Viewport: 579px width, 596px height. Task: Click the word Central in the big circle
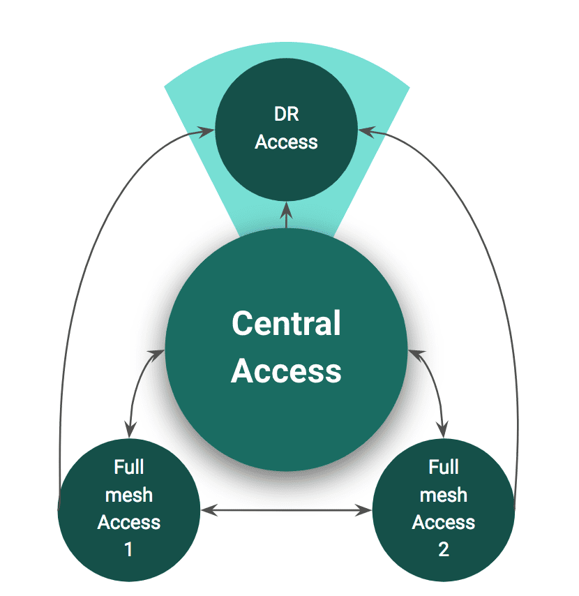[286, 324]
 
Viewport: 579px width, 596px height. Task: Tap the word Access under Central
[286, 371]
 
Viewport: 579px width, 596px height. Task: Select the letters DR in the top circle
[286, 114]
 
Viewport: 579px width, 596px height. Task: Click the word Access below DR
[286, 142]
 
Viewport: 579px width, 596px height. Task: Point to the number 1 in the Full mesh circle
[128, 549]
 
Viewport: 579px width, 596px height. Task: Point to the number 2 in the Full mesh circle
[444, 549]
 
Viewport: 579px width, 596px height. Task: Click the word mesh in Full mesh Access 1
[128, 495]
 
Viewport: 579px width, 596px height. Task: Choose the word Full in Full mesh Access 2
[444, 467]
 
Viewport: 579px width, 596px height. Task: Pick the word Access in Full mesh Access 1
[128, 522]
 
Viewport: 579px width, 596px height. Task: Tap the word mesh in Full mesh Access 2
[444, 495]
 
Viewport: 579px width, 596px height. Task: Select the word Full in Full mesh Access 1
[128, 467]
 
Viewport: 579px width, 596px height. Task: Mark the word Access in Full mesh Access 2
[444, 522]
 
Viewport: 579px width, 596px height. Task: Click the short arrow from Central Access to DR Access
[287, 216]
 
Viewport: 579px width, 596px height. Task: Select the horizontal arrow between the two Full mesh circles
[286, 512]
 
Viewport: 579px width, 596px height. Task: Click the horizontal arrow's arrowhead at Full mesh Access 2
[366, 512]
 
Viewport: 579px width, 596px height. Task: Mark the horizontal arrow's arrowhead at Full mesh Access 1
[207, 512]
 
